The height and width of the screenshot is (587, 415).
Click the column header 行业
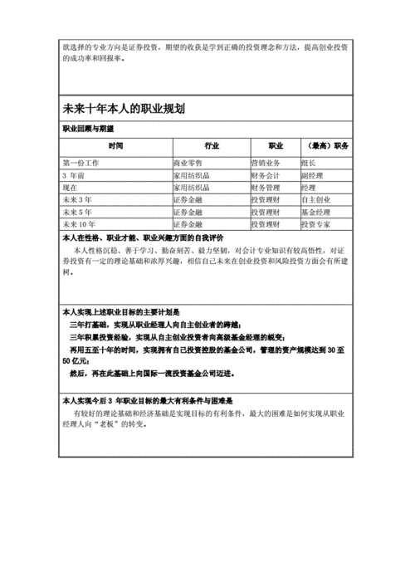coord(210,146)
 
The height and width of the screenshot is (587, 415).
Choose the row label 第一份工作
coord(81,163)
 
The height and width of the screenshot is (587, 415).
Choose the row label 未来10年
coord(80,224)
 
